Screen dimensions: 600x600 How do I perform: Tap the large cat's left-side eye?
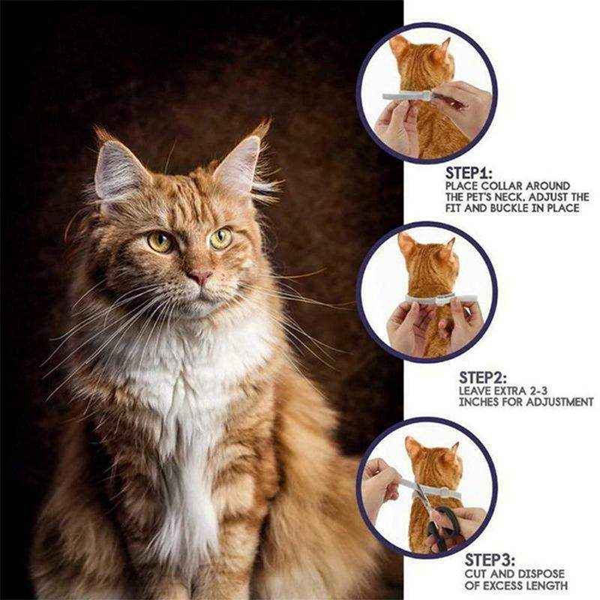pyautogui.click(x=160, y=241)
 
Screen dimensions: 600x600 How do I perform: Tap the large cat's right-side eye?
pyautogui.click(x=220, y=238)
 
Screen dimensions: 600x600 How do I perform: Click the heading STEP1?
pyautogui.click(x=469, y=173)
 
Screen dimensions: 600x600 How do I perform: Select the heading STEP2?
pyautogui.click(x=482, y=378)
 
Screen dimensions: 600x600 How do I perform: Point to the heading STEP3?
pyautogui.click(x=490, y=560)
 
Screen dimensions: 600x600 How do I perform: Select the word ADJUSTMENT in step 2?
pyautogui.click(x=559, y=402)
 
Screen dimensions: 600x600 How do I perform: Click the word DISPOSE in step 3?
pyautogui.click(x=540, y=574)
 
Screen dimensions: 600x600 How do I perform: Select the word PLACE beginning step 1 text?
pyautogui.click(x=461, y=186)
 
